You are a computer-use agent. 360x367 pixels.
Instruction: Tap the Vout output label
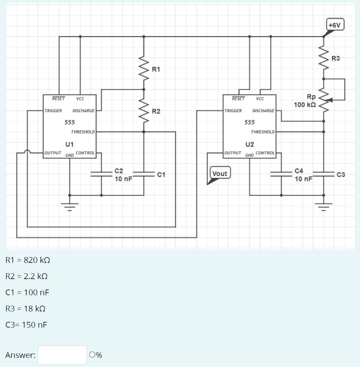coord(220,173)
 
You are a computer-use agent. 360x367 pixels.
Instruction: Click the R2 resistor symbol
coord(144,111)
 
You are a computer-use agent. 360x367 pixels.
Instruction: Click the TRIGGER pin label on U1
coord(53,111)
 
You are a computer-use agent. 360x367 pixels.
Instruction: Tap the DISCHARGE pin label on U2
coord(263,111)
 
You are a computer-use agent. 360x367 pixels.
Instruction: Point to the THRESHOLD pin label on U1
coord(83,132)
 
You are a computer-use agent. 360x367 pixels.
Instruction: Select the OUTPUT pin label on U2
coord(233,153)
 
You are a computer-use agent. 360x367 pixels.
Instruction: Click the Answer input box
coord(62,355)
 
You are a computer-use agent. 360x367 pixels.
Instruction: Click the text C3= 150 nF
coord(27,325)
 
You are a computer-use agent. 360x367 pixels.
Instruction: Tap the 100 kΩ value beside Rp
coord(305,105)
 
